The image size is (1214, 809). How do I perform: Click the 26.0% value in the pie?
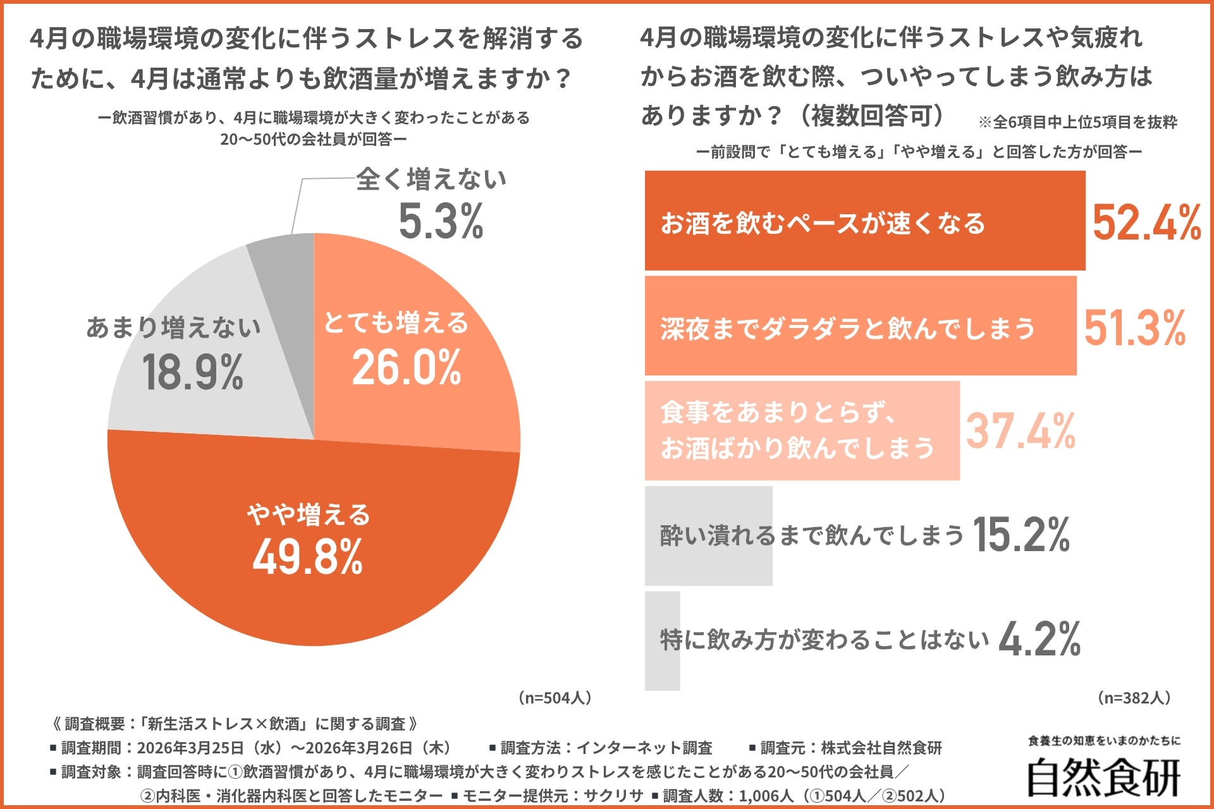coord(407,368)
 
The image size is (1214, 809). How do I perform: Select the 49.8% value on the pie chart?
coord(308,557)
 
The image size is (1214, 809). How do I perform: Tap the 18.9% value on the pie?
coord(193,372)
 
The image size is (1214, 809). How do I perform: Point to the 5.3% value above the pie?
coord(441,222)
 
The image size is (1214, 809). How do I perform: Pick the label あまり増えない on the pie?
coord(173,327)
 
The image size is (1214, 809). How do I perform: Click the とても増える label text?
coord(396,323)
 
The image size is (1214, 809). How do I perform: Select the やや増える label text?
coord(309,514)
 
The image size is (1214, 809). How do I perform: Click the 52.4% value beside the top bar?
coord(1146,223)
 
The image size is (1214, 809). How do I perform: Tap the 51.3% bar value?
coord(1134,329)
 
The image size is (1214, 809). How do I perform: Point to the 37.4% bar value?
coord(1021,432)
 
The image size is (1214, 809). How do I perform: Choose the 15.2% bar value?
coord(1021,535)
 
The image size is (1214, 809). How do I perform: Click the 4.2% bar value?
coord(1039,640)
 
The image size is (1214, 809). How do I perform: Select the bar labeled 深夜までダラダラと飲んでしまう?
coord(860,327)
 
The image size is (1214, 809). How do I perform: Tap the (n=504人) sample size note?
coord(555,698)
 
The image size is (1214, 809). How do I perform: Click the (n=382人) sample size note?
coord(1134,698)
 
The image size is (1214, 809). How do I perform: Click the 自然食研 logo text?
coord(1103,777)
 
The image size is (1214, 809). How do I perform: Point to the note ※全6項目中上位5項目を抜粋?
coord(1077,122)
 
